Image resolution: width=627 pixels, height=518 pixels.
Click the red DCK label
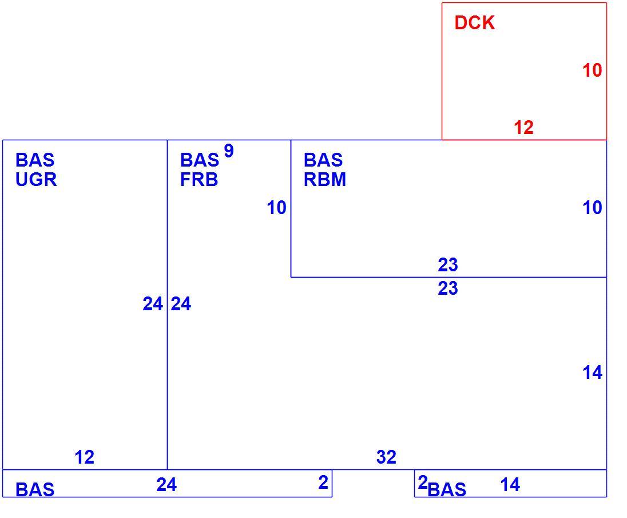tap(475, 22)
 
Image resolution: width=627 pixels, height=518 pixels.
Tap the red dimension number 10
tap(592, 70)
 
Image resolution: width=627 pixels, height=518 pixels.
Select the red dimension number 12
tap(523, 128)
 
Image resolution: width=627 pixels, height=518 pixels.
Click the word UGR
tap(36, 180)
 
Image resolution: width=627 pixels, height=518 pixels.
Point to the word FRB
tap(199, 180)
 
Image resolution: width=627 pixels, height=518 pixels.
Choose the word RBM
tap(325, 180)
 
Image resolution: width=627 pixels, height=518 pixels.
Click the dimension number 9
tap(229, 151)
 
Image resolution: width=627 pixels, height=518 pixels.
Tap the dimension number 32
tap(386, 457)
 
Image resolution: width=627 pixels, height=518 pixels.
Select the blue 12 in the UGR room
tap(84, 457)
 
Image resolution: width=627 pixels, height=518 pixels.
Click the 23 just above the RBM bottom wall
tap(448, 265)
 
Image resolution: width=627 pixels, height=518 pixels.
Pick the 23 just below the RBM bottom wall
tap(448, 288)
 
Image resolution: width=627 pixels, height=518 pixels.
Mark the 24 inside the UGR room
tap(153, 304)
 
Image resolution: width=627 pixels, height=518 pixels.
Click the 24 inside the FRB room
tap(181, 304)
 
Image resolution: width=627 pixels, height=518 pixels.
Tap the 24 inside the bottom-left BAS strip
tap(166, 485)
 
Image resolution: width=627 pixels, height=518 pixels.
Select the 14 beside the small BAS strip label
tap(510, 485)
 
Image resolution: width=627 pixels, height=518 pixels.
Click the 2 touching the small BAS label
tap(423, 483)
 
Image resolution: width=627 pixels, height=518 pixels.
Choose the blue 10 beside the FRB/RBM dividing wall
tap(276, 208)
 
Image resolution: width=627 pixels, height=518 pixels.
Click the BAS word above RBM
tap(323, 160)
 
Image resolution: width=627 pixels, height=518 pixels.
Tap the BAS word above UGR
tap(35, 160)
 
